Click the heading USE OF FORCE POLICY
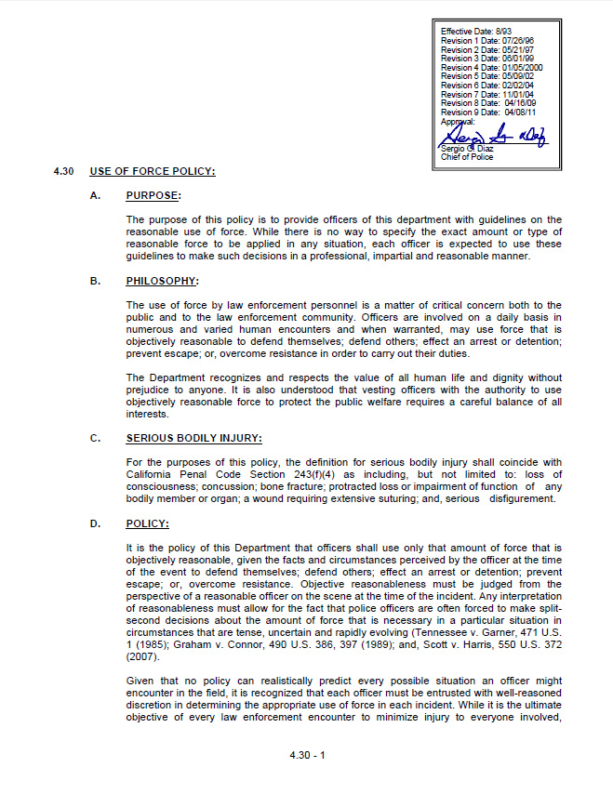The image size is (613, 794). (x=153, y=171)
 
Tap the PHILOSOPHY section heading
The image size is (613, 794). (x=162, y=281)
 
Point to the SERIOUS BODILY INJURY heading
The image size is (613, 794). (x=193, y=439)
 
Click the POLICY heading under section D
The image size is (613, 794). (x=147, y=524)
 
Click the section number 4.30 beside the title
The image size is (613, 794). (x=63, y=171)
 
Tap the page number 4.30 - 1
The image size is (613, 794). (x=307, y=754)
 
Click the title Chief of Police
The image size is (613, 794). (x=467, y=157)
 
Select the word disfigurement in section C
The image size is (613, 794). (x=513, y=498)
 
